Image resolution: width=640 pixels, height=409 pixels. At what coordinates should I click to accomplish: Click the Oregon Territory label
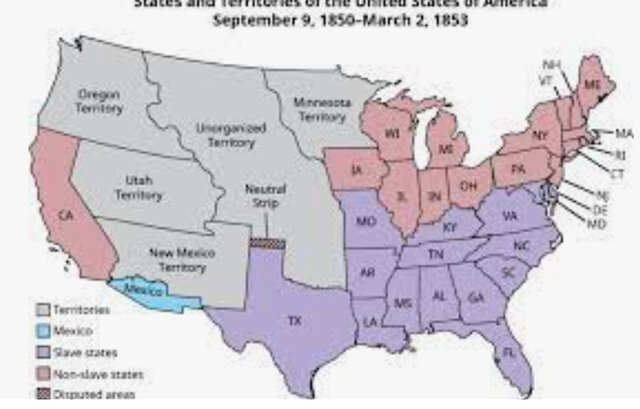(98, 99)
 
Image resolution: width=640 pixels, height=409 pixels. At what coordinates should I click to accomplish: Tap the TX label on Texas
(294, 321)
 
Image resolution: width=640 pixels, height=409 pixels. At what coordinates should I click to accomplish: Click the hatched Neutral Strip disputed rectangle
(266, 242)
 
